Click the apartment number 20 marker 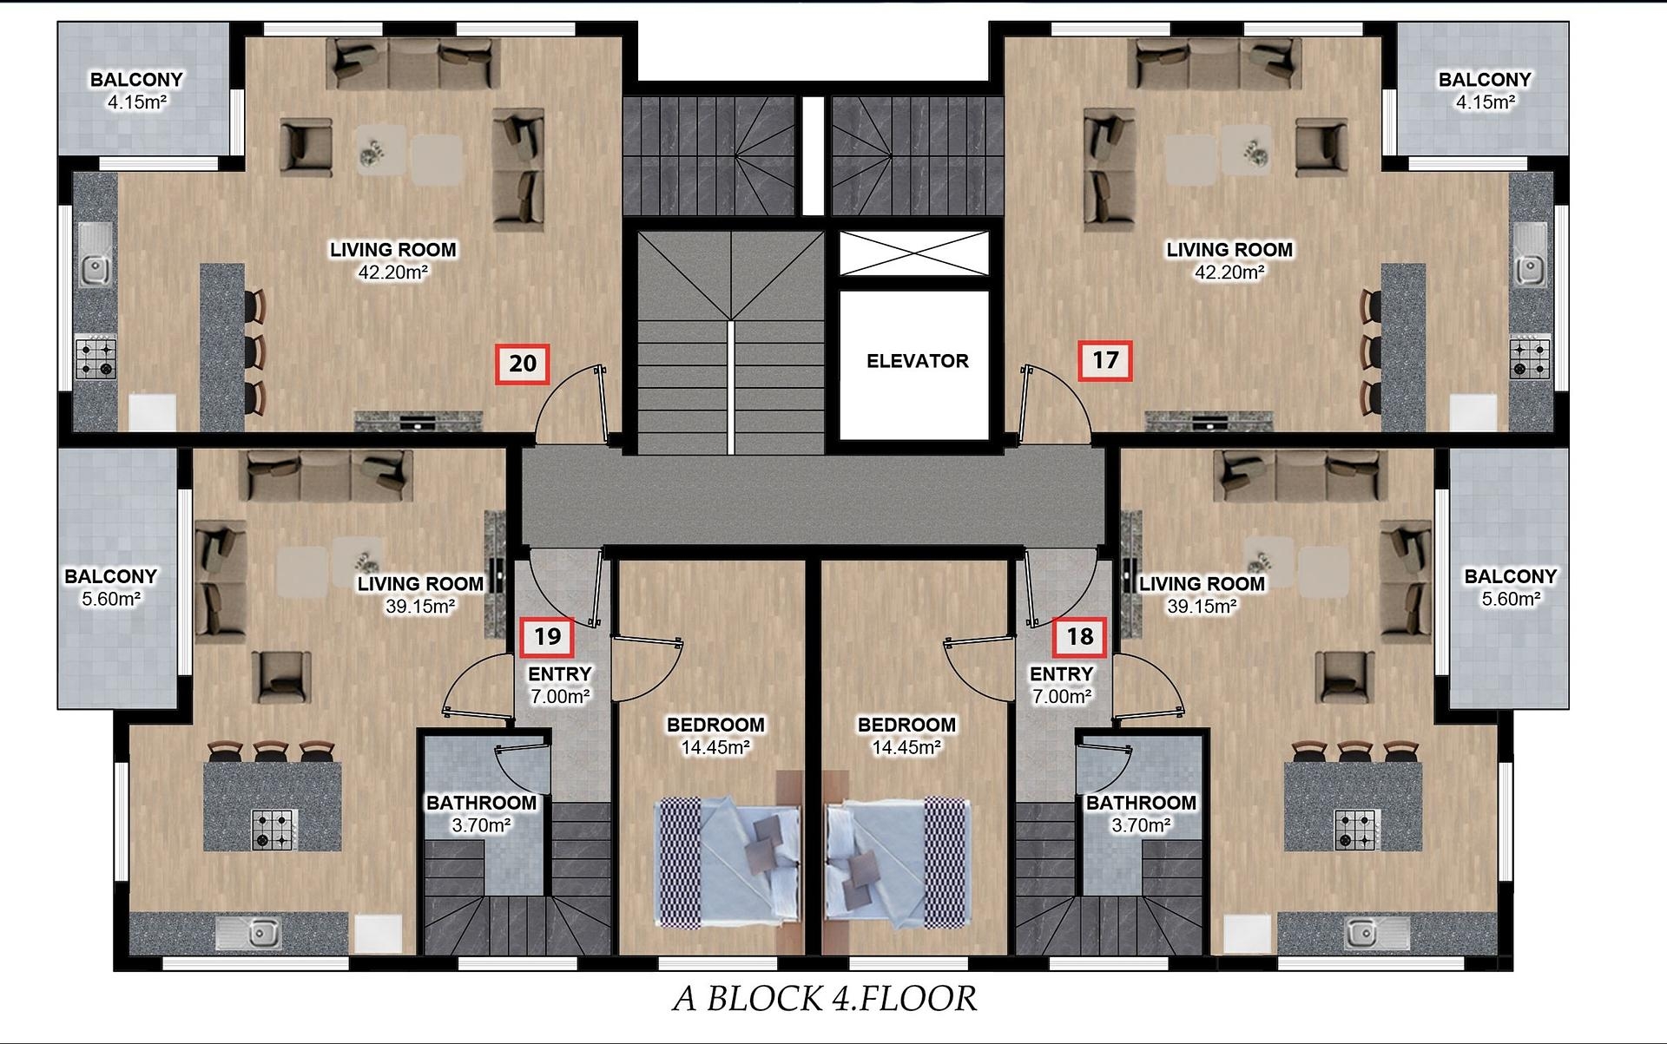522,364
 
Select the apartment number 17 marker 1105,360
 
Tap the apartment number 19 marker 547,637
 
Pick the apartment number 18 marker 1079,637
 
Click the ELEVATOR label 917,361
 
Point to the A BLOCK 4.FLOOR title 824,999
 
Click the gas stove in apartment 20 96,358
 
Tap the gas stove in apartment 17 1530,358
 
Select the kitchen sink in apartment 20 95,255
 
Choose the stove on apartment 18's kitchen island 1355,830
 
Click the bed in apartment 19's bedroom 727,861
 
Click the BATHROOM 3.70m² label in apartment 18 1141,814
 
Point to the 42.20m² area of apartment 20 393,272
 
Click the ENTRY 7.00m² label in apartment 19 560,685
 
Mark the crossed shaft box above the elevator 914,254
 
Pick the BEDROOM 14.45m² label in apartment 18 906,736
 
